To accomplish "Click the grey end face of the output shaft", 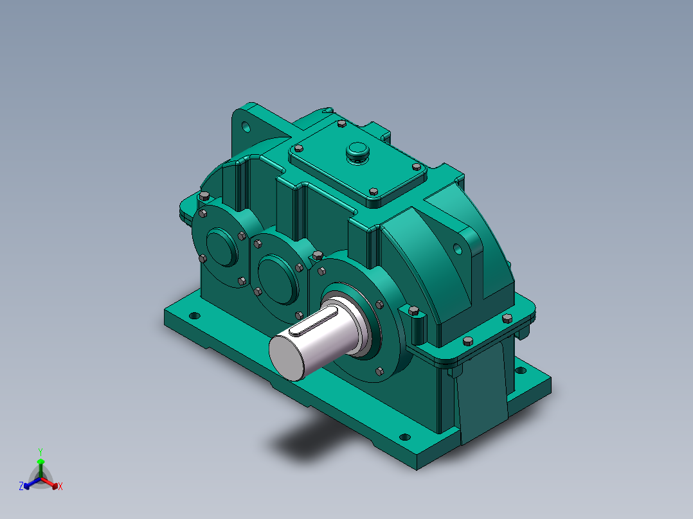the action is pos(287,358).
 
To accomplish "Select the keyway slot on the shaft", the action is pos(313,322).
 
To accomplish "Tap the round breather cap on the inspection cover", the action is pos(357,152).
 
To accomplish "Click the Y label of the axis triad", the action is pos(40,452).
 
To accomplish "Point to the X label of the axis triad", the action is pos(60,486).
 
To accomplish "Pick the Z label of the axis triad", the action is pos(21,486).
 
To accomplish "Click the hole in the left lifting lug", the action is pos(246,127).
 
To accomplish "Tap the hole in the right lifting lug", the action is pos(458,250).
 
